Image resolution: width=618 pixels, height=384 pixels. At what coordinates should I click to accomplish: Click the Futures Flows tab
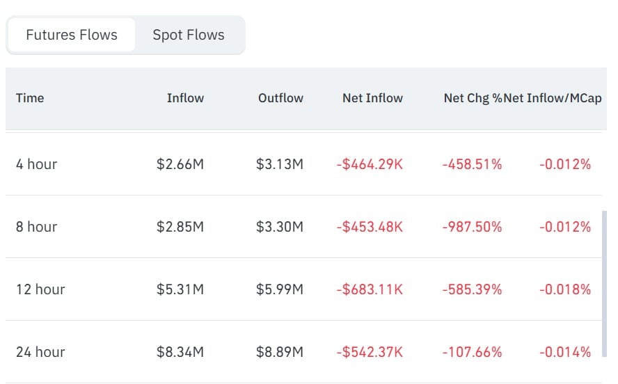pyautogui.click(x=72, y=35)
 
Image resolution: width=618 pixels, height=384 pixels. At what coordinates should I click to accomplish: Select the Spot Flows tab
pyautogui.click(x=189, y=35)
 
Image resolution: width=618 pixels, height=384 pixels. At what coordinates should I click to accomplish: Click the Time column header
pyautogui.click(x=30, y=98)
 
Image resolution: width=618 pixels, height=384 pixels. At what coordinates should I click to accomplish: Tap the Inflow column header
pyautogui.click(x=185, y=98)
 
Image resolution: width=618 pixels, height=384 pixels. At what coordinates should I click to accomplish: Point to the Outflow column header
pyautogui.click(x=280, y=98)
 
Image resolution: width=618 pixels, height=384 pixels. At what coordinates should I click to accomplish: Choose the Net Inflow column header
pyautogui.click(x=372, y=98)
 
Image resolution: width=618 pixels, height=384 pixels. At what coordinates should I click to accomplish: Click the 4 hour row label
pyautogui.click(x=37, y=164)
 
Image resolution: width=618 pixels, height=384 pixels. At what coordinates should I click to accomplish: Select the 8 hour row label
pyautogui.click(x=37, y=227)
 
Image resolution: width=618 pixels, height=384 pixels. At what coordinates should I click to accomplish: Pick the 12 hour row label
pyautogui.click(x=40, y=289)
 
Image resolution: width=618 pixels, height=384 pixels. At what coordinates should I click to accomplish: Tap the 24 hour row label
pyautogui.click(x=40, y=352)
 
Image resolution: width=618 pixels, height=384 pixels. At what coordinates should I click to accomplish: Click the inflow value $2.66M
pyautogui.click(x=180, y=164)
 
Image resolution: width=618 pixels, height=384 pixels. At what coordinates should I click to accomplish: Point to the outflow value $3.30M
pyautogui.click(x=280, y=227)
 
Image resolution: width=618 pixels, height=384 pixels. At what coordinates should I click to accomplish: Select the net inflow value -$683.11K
pyautogui.click(x=370, y=289)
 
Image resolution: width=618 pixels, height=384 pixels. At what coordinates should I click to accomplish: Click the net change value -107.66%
pyautogui.click(x=472, y=352)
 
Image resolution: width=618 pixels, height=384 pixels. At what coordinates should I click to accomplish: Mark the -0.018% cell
pyautogui.click(x=565, y=289)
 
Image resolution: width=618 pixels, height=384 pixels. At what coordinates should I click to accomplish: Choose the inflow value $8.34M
pyautogui.click(x=180, y=352)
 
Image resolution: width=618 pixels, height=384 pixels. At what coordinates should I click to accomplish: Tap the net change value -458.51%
pyautogui.click(x=472, y=164)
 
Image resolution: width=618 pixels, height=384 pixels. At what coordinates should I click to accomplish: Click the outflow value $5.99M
pyautogui.click(x=280, y=289)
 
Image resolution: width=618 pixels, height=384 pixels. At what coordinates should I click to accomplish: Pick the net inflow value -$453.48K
pyautogui.click(x=370, y=227)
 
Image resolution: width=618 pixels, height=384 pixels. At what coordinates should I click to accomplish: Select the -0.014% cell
pyautogui.click(x=565, y=352)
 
